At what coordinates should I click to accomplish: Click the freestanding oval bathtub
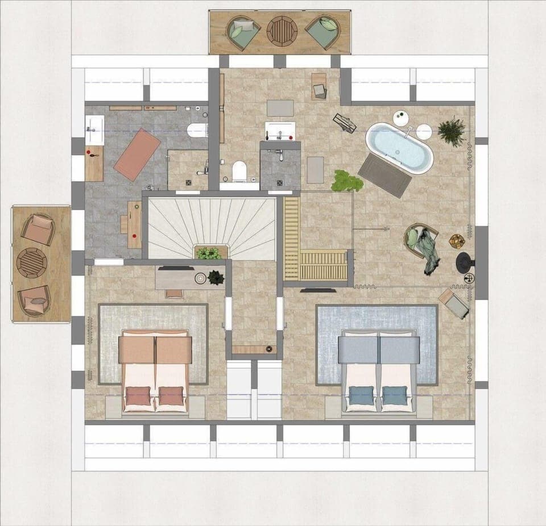pos(399,148)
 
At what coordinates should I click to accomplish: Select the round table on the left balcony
pos(32,262)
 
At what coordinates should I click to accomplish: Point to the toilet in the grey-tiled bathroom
pos(196,130)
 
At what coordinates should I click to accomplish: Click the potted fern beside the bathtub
pos(452,132)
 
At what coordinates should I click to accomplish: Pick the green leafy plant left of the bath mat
pos(346,181)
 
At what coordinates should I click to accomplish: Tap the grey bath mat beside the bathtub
pos(385,175)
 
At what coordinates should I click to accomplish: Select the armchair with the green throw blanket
pos(421,241)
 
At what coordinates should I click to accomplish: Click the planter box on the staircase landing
pos(209,253)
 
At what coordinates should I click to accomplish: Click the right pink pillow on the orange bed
pos(171,395)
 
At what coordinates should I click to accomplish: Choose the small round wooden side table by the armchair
pos(457,241)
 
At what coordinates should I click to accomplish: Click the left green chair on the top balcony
pos(243,32)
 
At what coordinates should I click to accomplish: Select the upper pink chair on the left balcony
pos(38,229)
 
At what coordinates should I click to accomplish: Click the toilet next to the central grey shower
pos(239,170)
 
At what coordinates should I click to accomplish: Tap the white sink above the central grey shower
pos(280,131)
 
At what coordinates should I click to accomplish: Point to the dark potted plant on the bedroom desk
pos(216,277)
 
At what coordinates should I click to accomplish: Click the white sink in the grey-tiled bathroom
pos(94,130)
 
